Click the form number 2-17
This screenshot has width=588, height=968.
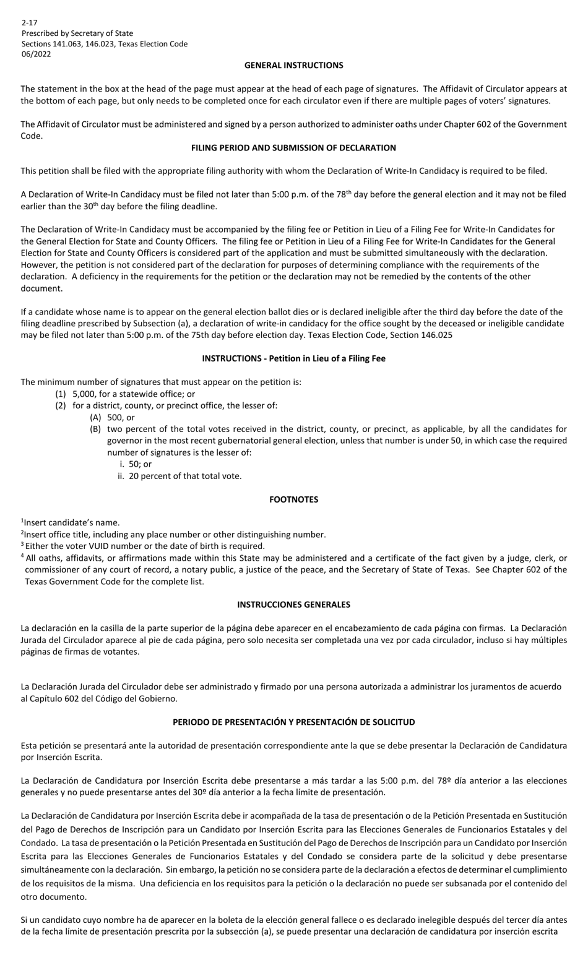29,23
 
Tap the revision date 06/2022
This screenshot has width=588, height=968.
37,54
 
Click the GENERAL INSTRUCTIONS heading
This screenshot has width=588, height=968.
293,65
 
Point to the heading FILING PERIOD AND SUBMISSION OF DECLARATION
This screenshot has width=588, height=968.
293,148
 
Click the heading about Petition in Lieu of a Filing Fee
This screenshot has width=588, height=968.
293,358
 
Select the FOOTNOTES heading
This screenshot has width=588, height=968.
293,499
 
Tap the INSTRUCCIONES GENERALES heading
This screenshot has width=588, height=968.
293,605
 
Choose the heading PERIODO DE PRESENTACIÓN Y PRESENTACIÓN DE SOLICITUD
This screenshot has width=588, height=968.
293,722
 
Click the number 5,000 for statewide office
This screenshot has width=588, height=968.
85,394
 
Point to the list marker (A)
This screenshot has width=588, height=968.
95,418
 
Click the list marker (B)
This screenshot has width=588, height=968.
95,430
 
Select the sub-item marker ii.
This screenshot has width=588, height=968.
121,477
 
